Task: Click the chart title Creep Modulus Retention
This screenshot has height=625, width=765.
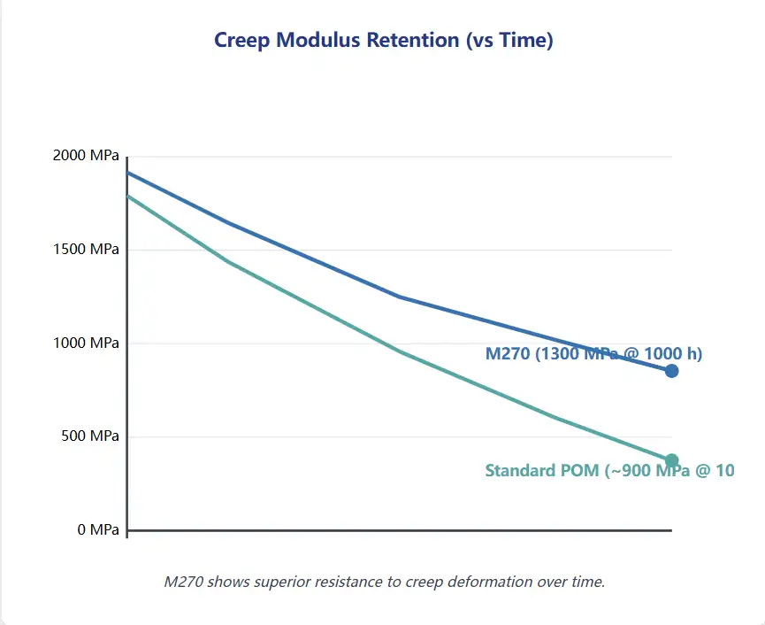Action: click(x=383, y=40)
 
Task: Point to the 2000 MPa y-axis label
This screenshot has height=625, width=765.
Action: click(x=85, y=156)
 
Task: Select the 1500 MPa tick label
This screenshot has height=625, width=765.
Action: click(x=85, y=250)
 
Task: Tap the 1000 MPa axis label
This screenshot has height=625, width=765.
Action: click(x=85, y=343)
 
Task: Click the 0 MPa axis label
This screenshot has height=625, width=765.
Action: click(x=96, y=529)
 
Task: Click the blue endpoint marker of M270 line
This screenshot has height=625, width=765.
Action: click(x=671, y=371)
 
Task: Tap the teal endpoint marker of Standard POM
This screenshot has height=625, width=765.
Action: click(x=671, y=460)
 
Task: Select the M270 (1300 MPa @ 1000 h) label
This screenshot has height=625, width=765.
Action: click(x=593, y=354)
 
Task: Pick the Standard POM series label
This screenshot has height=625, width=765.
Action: click(x=609, y=471)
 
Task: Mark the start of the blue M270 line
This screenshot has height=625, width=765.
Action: click(x=129, y=172)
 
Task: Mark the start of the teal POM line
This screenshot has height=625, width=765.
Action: click(x=129, y=196)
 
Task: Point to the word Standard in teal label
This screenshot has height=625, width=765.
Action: click(x=518, y=471)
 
